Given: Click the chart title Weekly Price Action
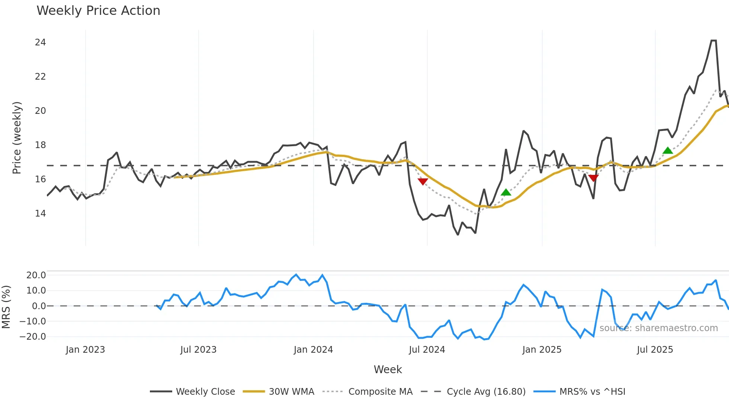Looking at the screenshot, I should pos(98,11).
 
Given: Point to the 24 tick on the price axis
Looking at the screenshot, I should pos(41,42).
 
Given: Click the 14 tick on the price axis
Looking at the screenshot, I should pos(41,214).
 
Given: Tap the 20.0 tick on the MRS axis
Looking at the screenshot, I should pos(36,275).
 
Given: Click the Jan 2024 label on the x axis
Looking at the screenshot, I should pos(313,350).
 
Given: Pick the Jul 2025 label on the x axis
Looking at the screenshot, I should pos(655,350).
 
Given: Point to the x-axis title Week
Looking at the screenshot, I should pos(388,369).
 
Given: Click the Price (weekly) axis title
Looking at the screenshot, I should pos(17,138).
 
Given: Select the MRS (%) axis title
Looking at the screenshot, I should pos(6,307).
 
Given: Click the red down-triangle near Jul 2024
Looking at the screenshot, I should pos(423,181).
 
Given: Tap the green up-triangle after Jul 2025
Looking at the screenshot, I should pos(668,151).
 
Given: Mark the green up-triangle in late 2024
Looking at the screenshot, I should pos(506,192).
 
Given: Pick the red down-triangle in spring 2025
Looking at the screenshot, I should pos(594,178).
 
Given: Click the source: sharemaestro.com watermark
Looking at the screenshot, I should pos(658,328).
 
